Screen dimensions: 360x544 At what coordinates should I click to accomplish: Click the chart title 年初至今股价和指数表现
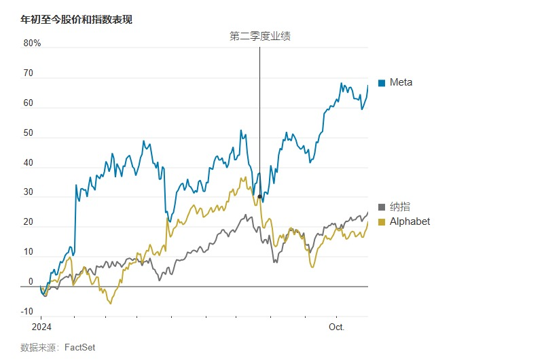(76, 20)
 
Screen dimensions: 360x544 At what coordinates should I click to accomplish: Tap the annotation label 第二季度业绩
(260, 37)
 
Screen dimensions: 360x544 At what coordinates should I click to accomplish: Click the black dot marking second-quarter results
(259, 197)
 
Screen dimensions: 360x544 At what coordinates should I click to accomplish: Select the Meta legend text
(401, 82)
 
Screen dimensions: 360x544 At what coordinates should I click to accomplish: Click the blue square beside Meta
(382, 83)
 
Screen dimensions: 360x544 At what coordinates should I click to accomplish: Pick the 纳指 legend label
(399, 206)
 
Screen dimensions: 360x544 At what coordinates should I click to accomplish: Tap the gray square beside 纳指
(382, 207)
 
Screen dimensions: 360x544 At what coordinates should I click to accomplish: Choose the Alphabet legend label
(410, 221)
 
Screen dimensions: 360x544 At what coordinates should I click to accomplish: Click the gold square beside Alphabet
(382, 222)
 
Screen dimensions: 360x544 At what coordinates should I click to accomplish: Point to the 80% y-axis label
(32, 43)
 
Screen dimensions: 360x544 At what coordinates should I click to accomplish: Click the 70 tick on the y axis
(28, 73)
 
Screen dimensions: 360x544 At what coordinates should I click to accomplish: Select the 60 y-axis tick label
(28, 103)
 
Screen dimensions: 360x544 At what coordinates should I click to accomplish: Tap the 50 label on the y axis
(28, 133)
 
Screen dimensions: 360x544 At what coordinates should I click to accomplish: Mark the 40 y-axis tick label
(28, 163)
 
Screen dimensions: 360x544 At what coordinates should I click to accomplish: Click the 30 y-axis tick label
(28, 193)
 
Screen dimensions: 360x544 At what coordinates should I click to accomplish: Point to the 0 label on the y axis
(30, 282)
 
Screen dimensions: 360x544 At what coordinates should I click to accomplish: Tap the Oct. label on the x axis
(337, 327)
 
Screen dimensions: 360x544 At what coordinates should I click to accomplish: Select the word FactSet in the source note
(79, 347)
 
